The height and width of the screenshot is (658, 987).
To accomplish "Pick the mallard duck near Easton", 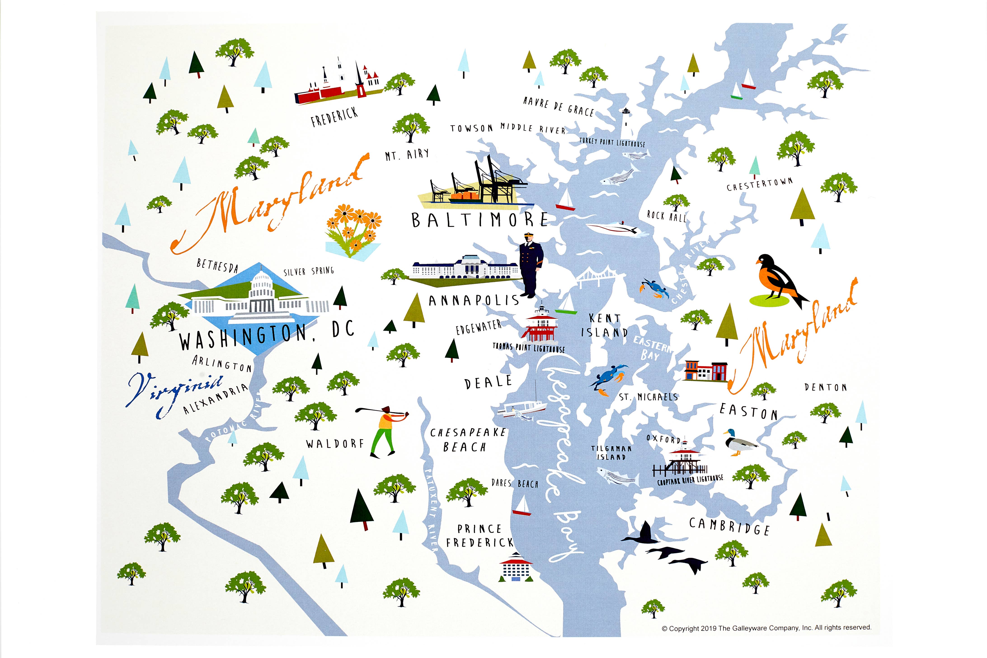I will (x=739, y=442).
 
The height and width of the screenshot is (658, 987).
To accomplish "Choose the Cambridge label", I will (x=729, y=526).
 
